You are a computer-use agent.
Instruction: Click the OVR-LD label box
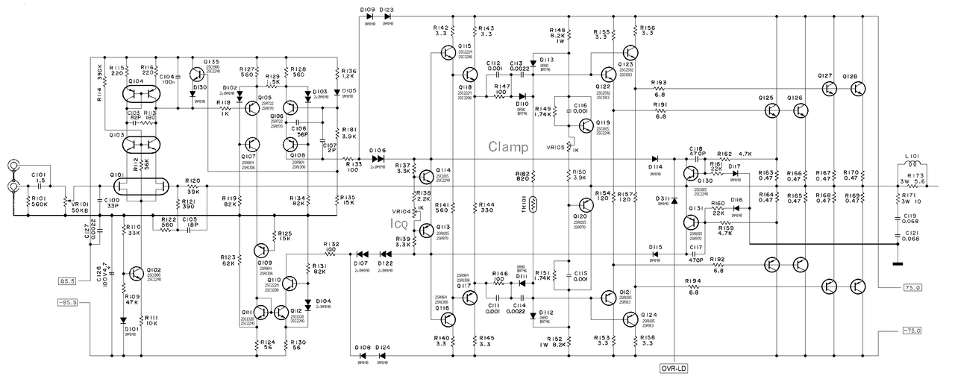click(x=673, y=367)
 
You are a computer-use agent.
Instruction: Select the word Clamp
click(x=508, y=147)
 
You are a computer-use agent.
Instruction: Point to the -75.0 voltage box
click(x=911, y=331)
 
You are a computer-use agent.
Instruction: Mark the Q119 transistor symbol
click(x=586, y=126)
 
